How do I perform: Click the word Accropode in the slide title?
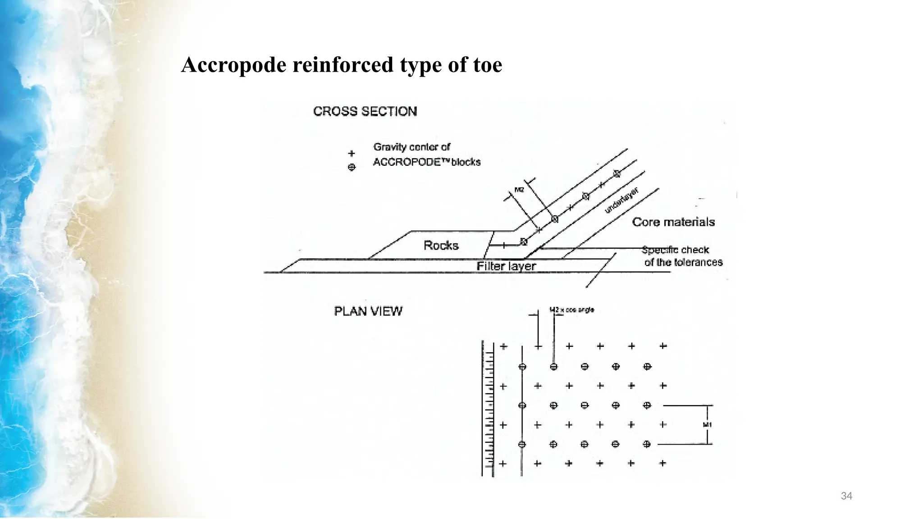pyautogui.click(x=234, y=65)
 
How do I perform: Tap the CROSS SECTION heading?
pyautogui.click(x=365, y=111)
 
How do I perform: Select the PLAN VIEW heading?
pyautogui.click(x=368, y=311)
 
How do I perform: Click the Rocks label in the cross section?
pyautogui.click(x=441, y=246)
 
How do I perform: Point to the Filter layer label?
pyautogui.click(x=506, y=266)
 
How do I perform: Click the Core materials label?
pyautogui.click(x=673, y=222)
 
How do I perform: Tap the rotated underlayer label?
pyautogui.click(x=621, y=200)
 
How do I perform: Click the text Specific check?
pyautogui.click(x=675, y=250)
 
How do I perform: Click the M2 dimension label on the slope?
pyautogui.click(x=519, y=190)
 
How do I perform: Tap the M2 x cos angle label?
pyautogui.click(x=571, y=310)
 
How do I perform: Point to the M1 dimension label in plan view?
pyautogui.click(x=707, y=425)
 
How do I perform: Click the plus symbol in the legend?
pyautogui.click(x=352, y=154)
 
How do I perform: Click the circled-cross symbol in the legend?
pyautogui.click(x=352, y=167)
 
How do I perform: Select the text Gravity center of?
pyautogui.click(x=411, y=147)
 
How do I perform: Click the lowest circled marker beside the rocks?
pyautogui.click(x=523, y=242)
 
